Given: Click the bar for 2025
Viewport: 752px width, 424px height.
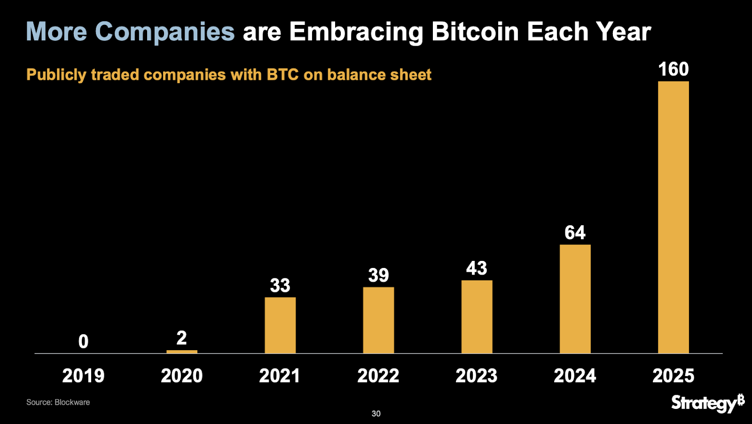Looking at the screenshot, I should click(x=673, y=217).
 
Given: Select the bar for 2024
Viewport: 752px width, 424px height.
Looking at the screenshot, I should click(x=575, y=299).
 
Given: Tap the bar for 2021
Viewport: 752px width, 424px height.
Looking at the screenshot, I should click(x=280, y=325).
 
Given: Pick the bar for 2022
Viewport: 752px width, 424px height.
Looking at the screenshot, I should click(x=378, y=320).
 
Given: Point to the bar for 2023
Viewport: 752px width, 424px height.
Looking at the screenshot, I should click(x=477, y=317).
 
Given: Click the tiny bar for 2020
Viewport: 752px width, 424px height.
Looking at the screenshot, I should click(x=182, y=352).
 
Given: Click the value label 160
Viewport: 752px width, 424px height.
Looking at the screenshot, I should click(x=673, y=70).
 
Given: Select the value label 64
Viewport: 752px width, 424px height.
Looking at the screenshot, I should click(x=575, y=233).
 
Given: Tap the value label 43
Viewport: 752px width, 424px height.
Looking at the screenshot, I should click(x=477, y=268).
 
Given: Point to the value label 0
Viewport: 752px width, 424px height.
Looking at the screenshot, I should click(x=83, y=342).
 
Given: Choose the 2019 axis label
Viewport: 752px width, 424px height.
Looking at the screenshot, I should click(x=83, y=376).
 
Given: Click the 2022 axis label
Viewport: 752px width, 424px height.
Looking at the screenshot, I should click(x=378, y=376).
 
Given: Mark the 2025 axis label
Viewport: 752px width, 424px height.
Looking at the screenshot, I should click(x=673, y=376).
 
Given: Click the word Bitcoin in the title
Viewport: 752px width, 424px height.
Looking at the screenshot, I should click(x=475, y=32).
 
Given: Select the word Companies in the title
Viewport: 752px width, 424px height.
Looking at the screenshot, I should click(x=164, y=32).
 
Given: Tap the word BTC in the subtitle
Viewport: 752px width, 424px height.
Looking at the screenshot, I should click(x=282, y=75).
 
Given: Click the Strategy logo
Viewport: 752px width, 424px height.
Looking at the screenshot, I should click(x=707, y=403).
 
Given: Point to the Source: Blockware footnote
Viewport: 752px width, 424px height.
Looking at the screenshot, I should click(x=58, y=402).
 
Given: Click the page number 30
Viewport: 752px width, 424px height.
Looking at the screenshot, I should click(x=376, y=414).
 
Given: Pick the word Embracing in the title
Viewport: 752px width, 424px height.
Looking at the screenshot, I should click(x=356, y=32).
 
